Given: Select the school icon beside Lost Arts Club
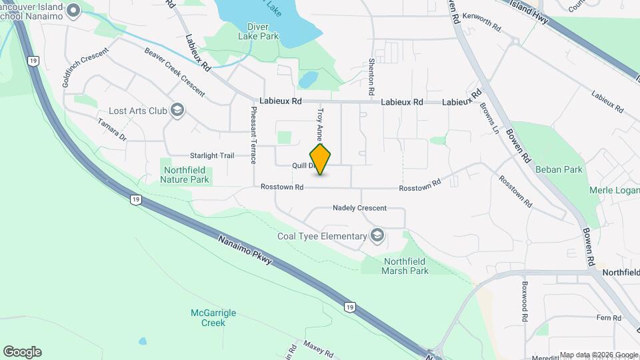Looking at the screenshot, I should click(x=177, y=110).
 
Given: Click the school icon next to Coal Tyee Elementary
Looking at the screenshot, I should click(x=378, y=235).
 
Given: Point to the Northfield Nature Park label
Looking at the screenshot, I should click(x=187, y=175).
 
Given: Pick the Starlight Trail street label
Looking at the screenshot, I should click(x=212, y=155).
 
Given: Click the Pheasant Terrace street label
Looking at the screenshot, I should click(x=253, y=135).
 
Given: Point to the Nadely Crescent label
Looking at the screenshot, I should click(x=359, y=208).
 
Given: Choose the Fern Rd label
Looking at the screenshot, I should click(x=609, y=318).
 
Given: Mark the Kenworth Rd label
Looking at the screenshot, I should click(x=485, y=22).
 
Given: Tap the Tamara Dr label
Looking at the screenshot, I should click(x=111, y=130).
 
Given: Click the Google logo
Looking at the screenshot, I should click(x=22, y=352).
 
